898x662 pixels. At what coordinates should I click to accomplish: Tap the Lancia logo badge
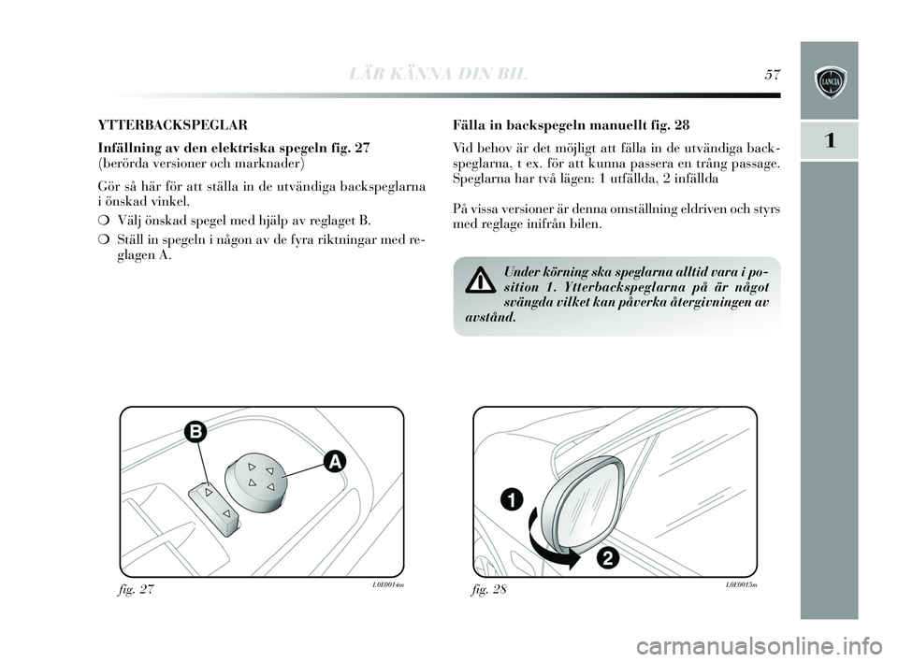click(829, 80)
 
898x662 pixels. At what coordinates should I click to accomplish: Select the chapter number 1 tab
click(829, 140)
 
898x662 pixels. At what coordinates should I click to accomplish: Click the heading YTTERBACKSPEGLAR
click(160, 122)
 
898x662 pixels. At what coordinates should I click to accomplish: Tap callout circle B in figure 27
click(195, 431)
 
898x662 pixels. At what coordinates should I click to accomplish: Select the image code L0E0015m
click(738, 584)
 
